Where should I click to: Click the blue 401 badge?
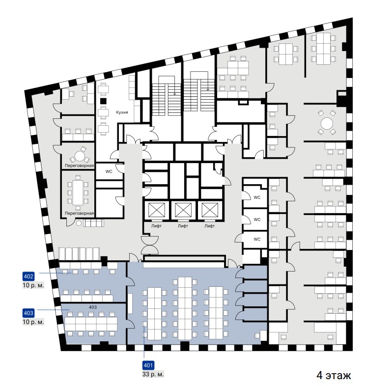click(x=148, y=365)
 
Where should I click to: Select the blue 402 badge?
click(x=28, y=276)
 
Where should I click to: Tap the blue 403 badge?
click(x=28, y=313)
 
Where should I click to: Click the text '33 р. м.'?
click(x=153, y=374)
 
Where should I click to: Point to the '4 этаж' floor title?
click(x=334, y=375)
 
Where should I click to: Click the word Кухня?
click(x=122, y=112)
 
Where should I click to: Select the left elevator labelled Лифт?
click(x=156, y=226)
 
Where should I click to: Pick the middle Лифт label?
click(x=183, y=226)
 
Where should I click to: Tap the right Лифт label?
click(x=210, y=226)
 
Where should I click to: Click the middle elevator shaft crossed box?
click(x=183, y=211)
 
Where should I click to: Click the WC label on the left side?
click(x=109, y=171)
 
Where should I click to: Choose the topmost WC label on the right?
click(x=257, y=197)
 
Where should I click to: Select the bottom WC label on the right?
click(x=257, y=239)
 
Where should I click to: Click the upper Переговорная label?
click(x=79, y=165)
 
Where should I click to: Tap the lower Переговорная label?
click(x=79, y=213)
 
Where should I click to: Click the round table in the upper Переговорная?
click(x=79, y=156)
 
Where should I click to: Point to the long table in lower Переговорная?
click(x=78, y=192)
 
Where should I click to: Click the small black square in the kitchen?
click(x=103, y=101)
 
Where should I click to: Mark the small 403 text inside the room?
click(x=93, y=307)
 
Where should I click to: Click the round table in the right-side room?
click(x=327, y=123)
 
